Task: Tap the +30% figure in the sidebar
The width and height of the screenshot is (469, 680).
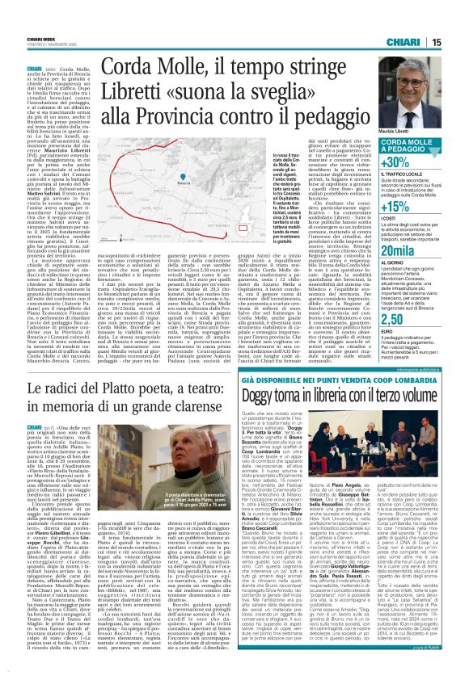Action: tap(420, 162)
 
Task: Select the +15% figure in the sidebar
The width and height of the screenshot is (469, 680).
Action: tap(420, 206)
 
